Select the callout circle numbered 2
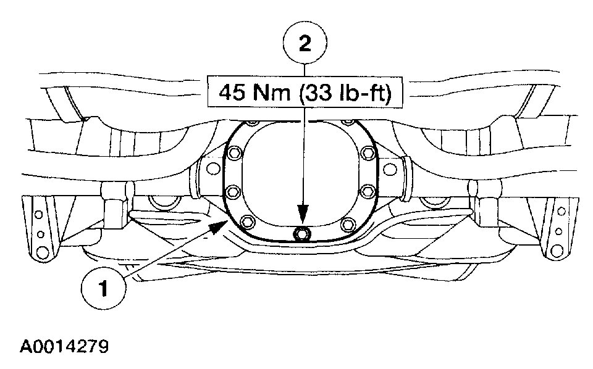point(305,43)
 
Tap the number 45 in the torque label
point(232,92)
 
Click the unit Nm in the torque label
point(272,92)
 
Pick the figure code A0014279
point(64,346)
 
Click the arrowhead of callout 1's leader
point(218,227)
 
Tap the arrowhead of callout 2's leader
point(303,215)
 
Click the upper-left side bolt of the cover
point(235,153)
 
